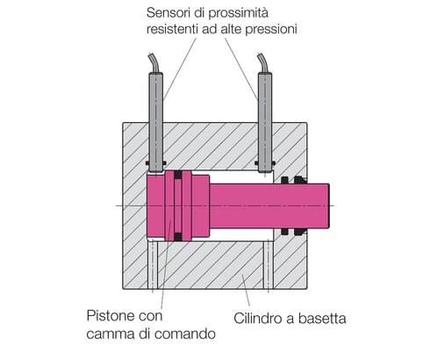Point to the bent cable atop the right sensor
[x=262, y=62]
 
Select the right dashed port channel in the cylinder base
[x=267, y=269]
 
